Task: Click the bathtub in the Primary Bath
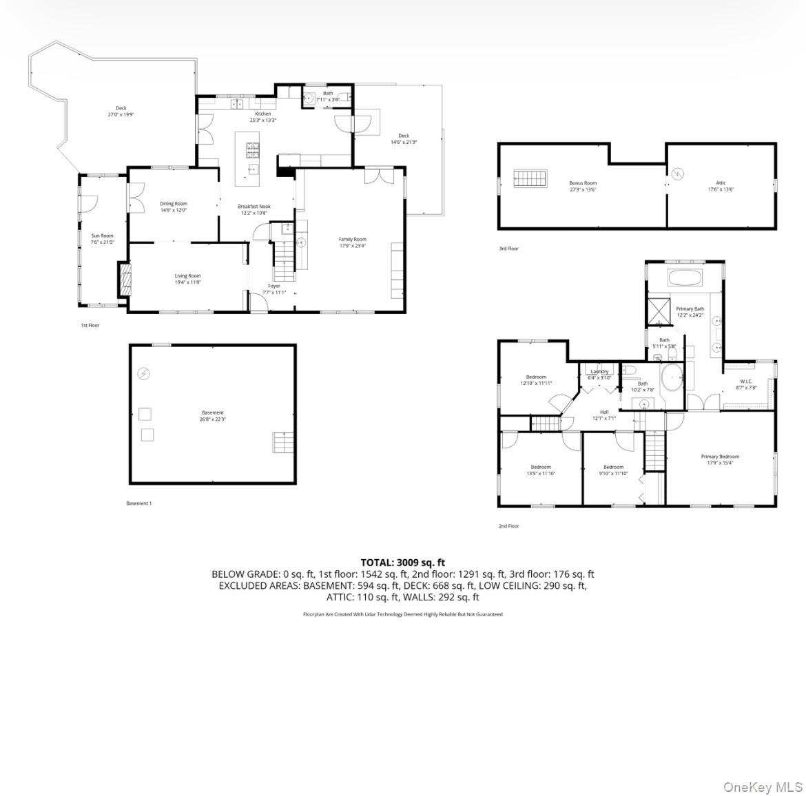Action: [x=684, y=279]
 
